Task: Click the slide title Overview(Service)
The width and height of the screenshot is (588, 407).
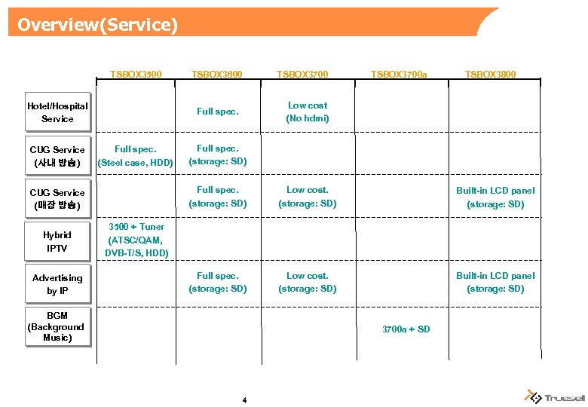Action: (97, 25)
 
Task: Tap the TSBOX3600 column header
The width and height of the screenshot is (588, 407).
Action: (217, 75)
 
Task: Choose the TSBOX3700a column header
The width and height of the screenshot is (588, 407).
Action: (399, 75)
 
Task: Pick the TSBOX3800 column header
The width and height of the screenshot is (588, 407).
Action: (491, 75)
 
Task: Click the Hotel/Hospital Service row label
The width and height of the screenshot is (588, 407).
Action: (57, 112)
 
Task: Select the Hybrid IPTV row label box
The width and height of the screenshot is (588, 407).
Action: (57, 241)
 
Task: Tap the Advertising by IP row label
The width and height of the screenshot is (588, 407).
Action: (57, 284)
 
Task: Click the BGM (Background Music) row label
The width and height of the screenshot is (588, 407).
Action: (57, 326)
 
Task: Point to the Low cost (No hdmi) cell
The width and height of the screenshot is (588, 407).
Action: (308, 112)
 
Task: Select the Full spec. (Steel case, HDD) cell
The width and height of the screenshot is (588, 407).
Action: (135, 155)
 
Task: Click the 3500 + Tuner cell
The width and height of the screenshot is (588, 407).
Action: (136, 240)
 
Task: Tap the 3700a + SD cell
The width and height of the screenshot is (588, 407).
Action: (406, 329)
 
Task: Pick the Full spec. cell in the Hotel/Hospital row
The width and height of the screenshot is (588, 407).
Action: (217, 112)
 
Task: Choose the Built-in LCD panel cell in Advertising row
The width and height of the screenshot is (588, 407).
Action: (495, 282)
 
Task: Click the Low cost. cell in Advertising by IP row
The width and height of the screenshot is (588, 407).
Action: (308, 282)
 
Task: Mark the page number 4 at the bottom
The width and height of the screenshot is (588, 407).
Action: (244, 399)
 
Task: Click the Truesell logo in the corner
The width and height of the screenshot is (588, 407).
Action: (555, 396)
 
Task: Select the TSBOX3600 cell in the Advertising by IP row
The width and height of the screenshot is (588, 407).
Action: (217, 282)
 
